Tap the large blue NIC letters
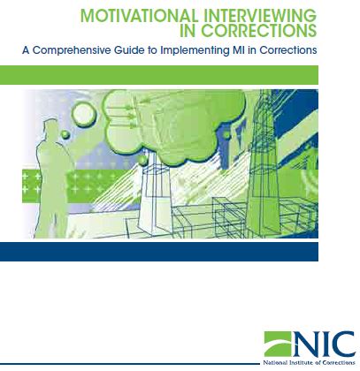click(324, 344)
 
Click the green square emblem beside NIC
click(277, 344)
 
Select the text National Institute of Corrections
click(309, 362)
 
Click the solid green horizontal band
click(159, 75)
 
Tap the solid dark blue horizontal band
click(159, 252)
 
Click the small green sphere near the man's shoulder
click(65, 135)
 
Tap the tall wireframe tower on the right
click(263, 162)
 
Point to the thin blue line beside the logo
click(130, 364)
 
